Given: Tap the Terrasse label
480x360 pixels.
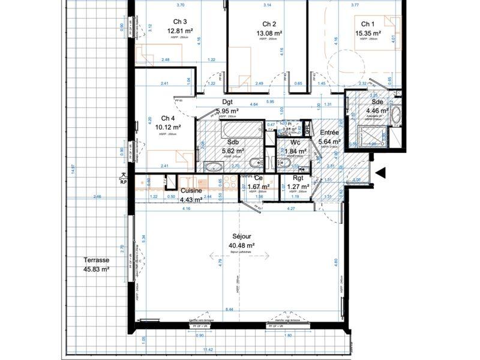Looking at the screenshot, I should point(96,260).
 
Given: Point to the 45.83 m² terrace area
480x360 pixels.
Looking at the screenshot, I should point(96,270).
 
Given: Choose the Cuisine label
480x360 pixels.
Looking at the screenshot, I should point(191,191).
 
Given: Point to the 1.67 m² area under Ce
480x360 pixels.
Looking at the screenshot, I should point(259,187).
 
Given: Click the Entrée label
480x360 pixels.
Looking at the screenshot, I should point(330,132).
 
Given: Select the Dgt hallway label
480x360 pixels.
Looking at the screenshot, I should point(228,103).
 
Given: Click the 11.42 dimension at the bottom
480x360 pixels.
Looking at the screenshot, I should point(208,349).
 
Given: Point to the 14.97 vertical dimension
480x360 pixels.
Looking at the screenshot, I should point(72,170).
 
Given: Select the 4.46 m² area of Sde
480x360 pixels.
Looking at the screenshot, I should point(377,110).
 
